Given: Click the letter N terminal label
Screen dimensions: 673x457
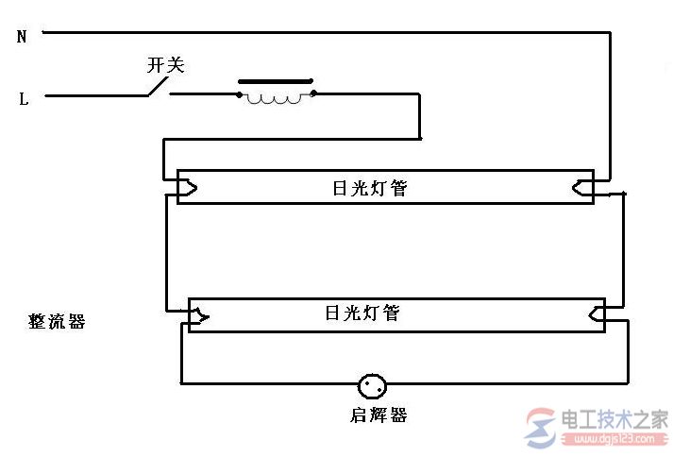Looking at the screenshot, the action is coord(22,37).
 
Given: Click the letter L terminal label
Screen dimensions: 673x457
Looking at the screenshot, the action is coord(24,99).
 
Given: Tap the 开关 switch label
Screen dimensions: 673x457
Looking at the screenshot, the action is coord(166,65).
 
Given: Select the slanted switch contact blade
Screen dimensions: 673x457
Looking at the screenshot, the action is coord(158,86).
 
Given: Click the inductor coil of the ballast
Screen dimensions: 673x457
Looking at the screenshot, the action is coord(274,100).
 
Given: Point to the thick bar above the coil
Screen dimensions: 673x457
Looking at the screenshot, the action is coord(276,81).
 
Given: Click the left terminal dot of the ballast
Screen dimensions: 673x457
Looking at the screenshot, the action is coord(239,94).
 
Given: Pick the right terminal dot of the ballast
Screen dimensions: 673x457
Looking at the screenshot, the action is coord(313,93).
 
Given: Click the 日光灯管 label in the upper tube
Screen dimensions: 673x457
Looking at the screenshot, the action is coord(370,188).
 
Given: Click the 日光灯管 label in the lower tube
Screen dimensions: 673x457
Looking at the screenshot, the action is coord(362,313).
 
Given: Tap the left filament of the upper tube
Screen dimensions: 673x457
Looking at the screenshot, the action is coord(188,188).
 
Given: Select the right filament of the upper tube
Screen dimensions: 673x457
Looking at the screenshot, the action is coord(583,188).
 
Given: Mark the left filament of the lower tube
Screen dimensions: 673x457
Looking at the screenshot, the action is coord(199,316).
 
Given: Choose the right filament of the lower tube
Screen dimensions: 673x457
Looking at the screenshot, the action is coord(597,314).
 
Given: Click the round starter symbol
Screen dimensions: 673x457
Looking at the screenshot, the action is coord(372,386).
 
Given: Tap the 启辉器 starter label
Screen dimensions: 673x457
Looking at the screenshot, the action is coord(379,415).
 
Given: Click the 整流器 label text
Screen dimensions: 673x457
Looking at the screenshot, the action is coord(57,321).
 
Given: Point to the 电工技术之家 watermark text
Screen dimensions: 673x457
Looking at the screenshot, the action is coord(614,419).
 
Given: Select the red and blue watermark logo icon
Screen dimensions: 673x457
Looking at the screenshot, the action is coord(541,428).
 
